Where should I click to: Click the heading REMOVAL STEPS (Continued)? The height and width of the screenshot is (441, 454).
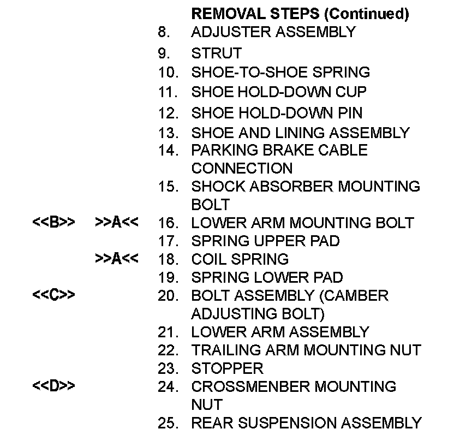point(300,14)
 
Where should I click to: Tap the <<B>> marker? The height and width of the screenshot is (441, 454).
point(53,223)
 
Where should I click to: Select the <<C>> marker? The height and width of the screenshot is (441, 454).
point(53,295)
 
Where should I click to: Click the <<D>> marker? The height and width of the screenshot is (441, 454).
point(53,386)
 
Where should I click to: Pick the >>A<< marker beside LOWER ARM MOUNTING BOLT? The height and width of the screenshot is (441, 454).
point(116,223)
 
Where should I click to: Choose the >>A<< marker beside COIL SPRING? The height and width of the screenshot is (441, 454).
point(116,259)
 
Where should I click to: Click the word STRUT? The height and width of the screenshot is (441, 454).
point(216,53)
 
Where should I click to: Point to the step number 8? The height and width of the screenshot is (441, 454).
point(164,32)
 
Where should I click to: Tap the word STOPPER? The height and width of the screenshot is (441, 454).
point(227,368)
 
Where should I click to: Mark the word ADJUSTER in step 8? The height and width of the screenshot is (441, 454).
point(231,32)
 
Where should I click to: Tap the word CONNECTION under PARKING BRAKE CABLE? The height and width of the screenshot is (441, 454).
point(242,168)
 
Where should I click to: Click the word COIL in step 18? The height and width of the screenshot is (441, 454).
point(210,259)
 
